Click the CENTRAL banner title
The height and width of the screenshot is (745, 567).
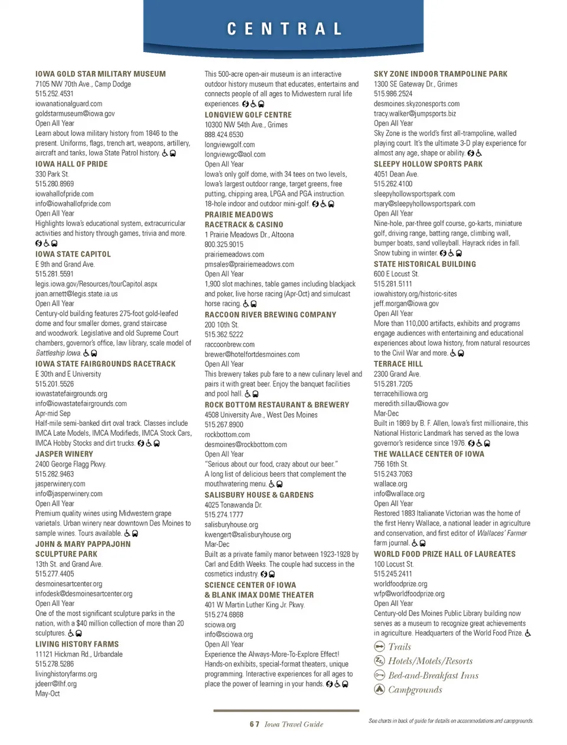pyautogui.click(x=284, y=29)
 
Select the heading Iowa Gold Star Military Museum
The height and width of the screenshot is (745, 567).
pyautogui.click(x=100, y=74)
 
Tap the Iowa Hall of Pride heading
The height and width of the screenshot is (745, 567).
pyautogui.click(x=71, y=164)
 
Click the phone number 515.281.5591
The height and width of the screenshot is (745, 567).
pyautogui.click(x=54, y=274)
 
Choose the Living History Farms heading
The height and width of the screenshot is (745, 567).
pyautogui.click(x=77, y=644)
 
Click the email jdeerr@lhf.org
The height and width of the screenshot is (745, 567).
pyautogui.click(x=56, y=684)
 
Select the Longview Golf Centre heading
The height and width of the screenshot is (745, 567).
pyautogui.click(x=248, y=115)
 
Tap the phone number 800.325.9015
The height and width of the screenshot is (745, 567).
pyautogui.click(x=224, y=244)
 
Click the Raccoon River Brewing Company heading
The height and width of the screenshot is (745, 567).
pyautogui.click(x=271, y=315)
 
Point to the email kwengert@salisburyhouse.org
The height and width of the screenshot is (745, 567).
pyautogui.click(x=247, y=535)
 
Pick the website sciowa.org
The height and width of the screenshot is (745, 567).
pyautogui.click(x=220, y=624)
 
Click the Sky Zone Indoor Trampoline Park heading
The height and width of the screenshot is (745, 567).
pyautogui.click(x=441, y=74)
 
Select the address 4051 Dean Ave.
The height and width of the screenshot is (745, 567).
pyautogui.click(x=396, y=174)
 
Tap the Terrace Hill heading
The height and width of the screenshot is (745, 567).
pyautogui.click(x=398, y=364)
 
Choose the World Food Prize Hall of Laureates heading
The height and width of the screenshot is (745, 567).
pyautogui.click(x=445, y=554)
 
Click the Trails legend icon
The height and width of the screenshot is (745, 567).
pyautogui.click(x=379, y=647)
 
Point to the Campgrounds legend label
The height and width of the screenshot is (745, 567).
pyautogui.click(x=415, y=689)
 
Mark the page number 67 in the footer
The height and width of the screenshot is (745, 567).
pyautogui.click(x=255, y=724)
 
